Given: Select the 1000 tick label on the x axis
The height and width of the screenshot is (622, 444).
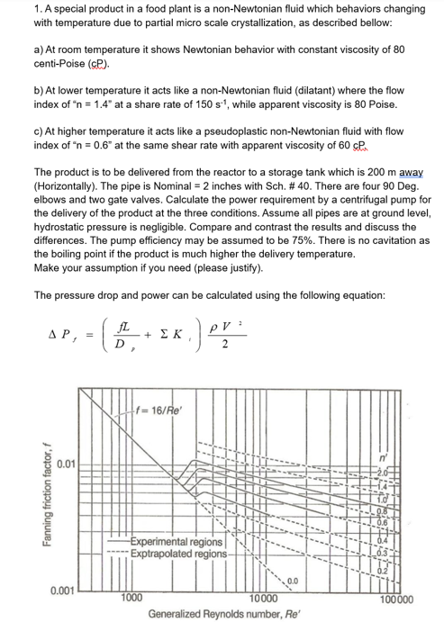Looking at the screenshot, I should (131, 597).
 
